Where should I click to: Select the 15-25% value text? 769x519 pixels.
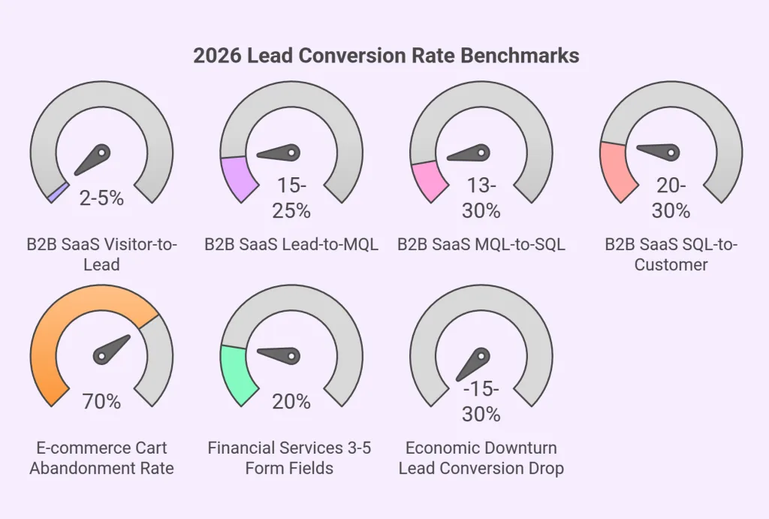coord(291,198)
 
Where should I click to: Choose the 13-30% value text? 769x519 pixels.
coord(481,198)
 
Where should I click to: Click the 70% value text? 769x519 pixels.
coord(101,401)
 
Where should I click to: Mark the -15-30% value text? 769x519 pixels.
coord(481,401)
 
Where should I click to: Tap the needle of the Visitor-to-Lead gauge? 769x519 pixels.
coord(94,158)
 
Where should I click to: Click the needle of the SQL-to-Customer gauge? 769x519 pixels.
coord(659,152)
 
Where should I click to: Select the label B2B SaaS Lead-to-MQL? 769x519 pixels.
coord(291,244)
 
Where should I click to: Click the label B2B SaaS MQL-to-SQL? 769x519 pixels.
coord(481,244)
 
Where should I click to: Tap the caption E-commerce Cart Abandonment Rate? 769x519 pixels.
coord(101,457)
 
